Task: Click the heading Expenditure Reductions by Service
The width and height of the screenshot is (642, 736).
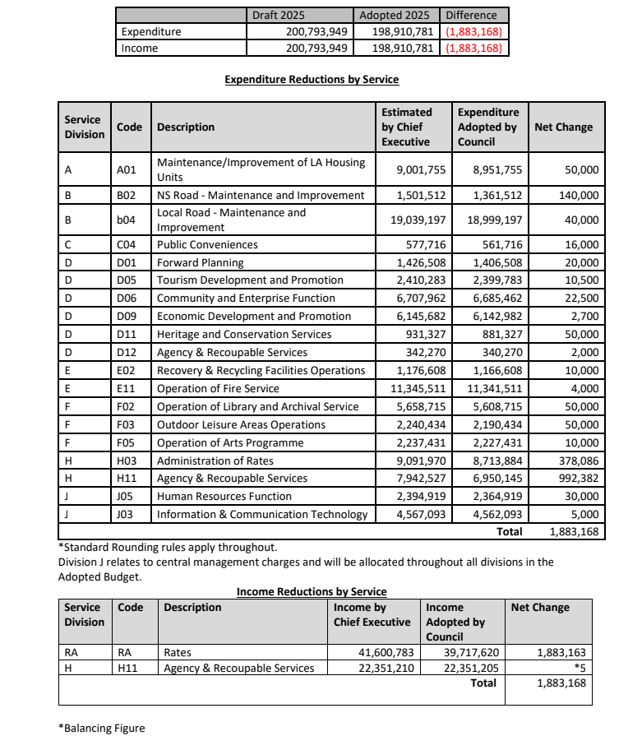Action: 312,80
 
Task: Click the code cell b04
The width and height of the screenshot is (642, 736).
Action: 126,220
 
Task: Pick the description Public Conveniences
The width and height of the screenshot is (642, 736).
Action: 207,245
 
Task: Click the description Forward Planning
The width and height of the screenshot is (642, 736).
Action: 201,263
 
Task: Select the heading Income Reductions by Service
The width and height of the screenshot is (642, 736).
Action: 312,591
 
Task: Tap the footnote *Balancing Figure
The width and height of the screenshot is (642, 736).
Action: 101,728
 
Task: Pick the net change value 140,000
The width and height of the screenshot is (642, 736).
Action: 578,196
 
